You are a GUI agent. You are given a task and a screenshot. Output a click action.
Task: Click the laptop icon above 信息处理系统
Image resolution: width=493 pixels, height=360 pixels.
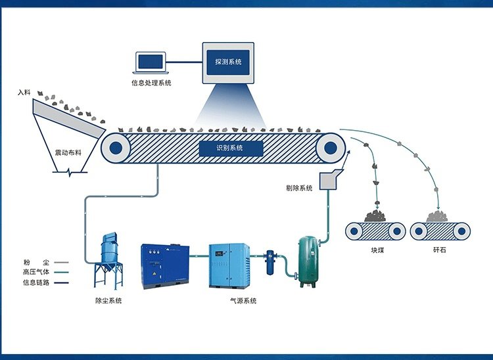[151, 62]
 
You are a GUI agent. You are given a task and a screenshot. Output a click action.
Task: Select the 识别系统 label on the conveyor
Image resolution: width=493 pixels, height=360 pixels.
[230, 148]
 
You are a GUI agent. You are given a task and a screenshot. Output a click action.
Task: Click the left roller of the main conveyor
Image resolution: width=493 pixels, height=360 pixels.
[116, 148]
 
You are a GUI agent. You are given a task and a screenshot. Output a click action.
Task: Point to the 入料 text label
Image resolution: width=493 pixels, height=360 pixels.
[25, 93]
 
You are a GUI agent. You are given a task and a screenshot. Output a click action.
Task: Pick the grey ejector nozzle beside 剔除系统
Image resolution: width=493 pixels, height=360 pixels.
[328, 179]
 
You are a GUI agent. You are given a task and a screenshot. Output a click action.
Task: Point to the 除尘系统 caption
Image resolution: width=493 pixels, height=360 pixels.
[108, 301]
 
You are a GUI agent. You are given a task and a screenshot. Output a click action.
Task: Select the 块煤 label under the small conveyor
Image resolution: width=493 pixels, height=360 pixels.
[376, 250]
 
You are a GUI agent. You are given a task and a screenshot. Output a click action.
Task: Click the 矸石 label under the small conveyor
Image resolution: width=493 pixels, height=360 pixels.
[440, 250]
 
